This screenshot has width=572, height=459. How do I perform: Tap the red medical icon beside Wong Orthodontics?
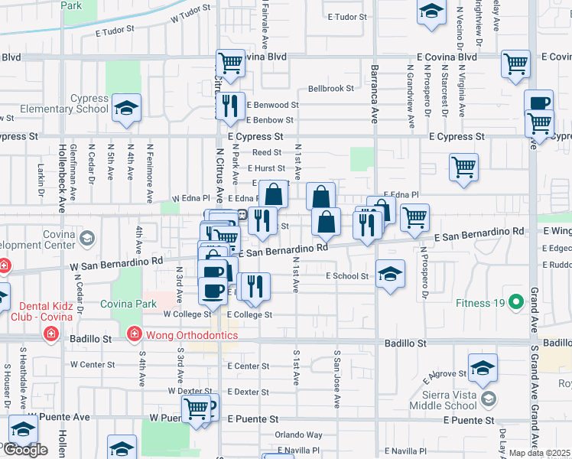pyautogui.click(x=134, y=334)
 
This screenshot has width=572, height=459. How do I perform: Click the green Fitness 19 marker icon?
pyautogui.click(x=516, y=303)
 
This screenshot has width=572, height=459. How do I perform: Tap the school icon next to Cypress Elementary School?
pyautogui.click(x=125, y=109)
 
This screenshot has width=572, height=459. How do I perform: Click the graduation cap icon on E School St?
pyautogui.click(x=390, y=276)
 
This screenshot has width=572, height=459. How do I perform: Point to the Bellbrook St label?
pyautogui.click(x=330, y=89)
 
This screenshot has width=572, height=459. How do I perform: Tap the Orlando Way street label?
pyautogui.click(x=299, y=435)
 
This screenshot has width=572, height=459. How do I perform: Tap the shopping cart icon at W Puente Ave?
pyautogui.click(x=197, y=407)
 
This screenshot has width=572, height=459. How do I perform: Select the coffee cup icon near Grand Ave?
pyautogui.click(x=539, y=103)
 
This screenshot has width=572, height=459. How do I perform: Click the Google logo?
pyautogui.click(x=24, y=450)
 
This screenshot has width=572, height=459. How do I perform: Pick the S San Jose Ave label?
pyautogui.click(x=336, y=379)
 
